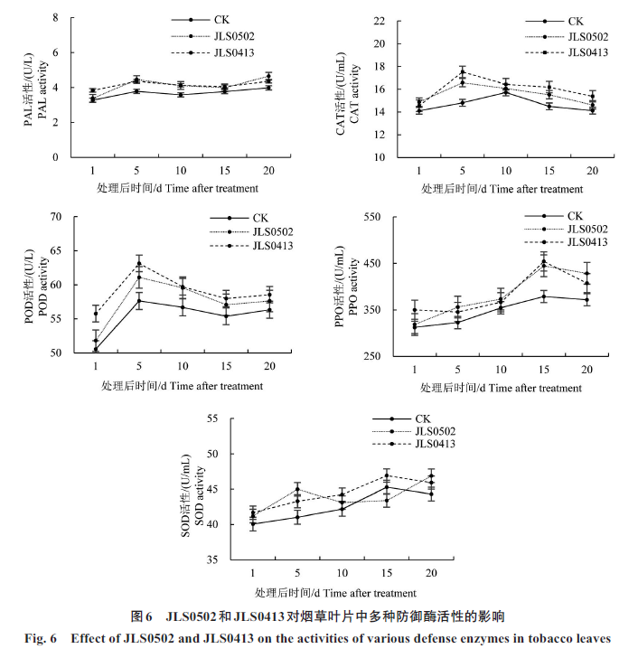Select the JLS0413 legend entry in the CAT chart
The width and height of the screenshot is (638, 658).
(x=588, y=52)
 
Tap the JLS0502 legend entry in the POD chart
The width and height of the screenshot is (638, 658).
(x=272, y=231)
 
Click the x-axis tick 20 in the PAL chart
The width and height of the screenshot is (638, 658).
(x=268, y=171)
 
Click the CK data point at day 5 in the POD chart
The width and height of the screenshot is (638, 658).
(x=139, y=300)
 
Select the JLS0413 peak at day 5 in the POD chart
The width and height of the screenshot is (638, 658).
(x=139, y=263)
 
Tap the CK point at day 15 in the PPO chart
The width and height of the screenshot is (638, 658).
(x=543, y=296)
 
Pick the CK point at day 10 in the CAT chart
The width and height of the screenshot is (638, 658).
(x=506, y=92)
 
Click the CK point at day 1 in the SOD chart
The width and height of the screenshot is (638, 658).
(x=253, y=523)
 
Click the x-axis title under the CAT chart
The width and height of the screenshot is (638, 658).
(x=502, y=188)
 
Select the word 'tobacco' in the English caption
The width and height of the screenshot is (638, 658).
(x=540, y=639)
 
